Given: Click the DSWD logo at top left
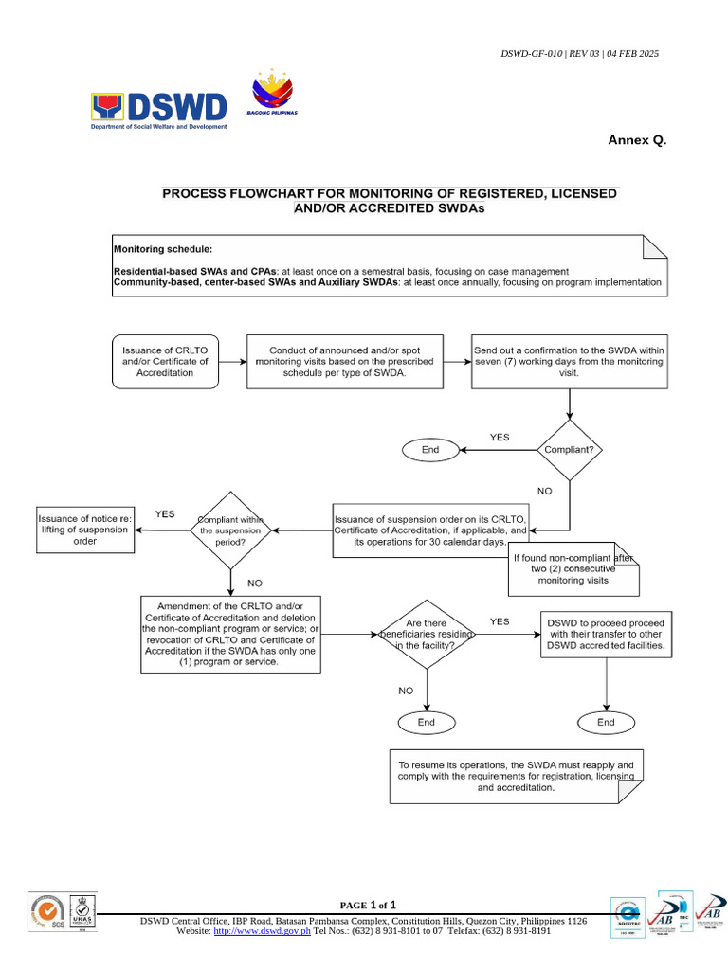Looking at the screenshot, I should pyautogui.click(x=159, y=109).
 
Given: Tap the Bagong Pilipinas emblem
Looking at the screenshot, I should pyautogui.click(x=273, y=95).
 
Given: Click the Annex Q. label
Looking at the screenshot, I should pyautogui.click(x=637, y=140).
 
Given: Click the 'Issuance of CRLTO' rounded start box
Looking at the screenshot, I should pyautogui.click(x=165, y=361).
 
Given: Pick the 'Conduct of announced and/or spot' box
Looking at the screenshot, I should pyautogui.click(x=345, y=361).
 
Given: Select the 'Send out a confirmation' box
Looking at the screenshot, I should pyautogui.click(x=569, y=361).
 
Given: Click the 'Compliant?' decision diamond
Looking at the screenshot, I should pyautogui.click(x=569, y=450).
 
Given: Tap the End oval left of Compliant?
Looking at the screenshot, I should pyautogui.click(x=430, y=450).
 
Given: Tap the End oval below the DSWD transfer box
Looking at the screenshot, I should pyautogui.click(x=606, y=722).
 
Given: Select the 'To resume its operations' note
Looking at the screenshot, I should pyautogui.click(x=517, y=776).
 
